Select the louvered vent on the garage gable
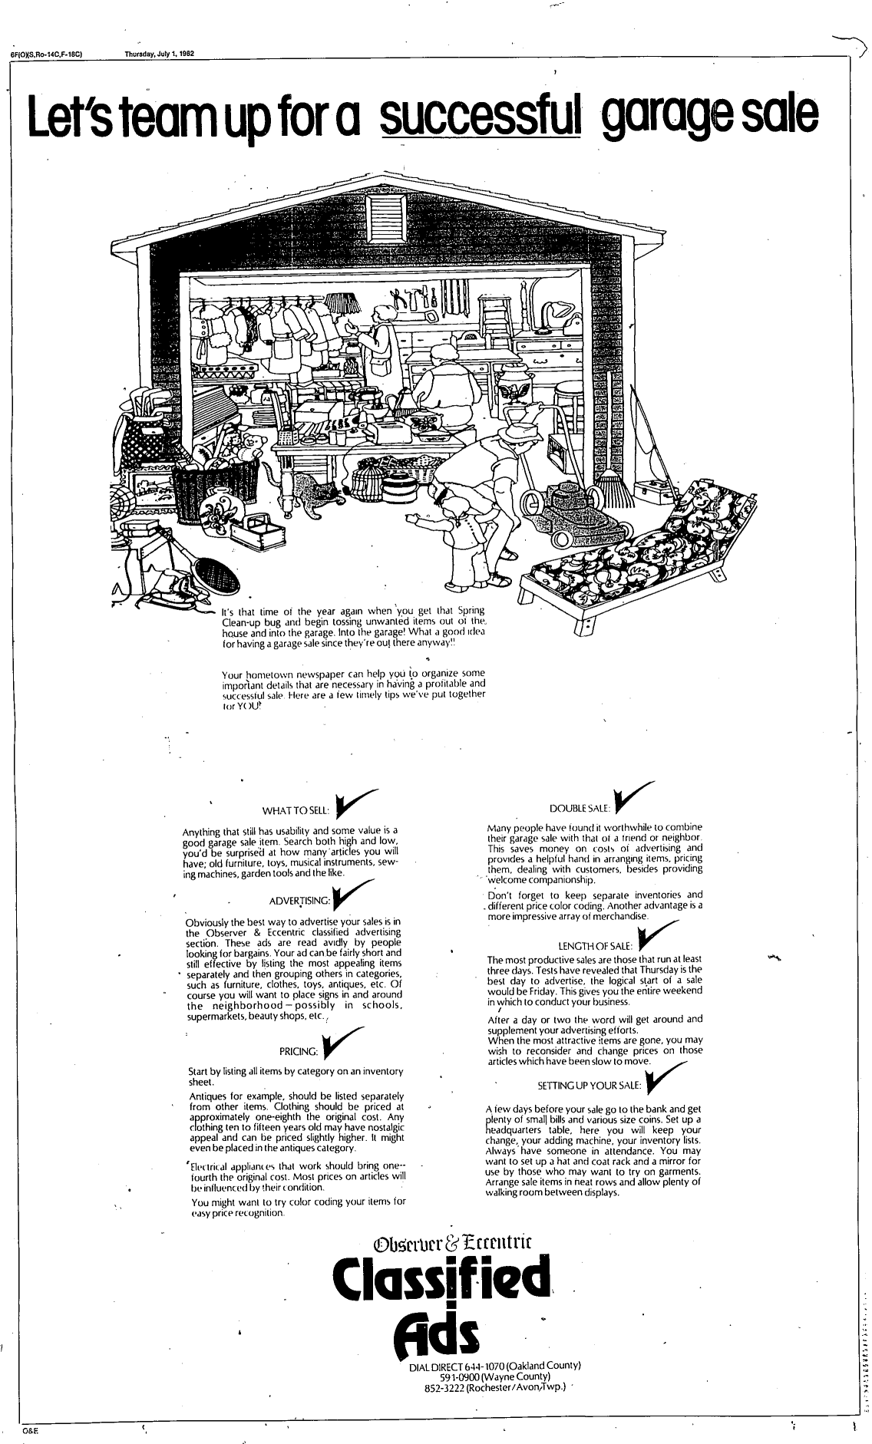click(382, 217)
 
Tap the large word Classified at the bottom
click(442, 1278)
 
